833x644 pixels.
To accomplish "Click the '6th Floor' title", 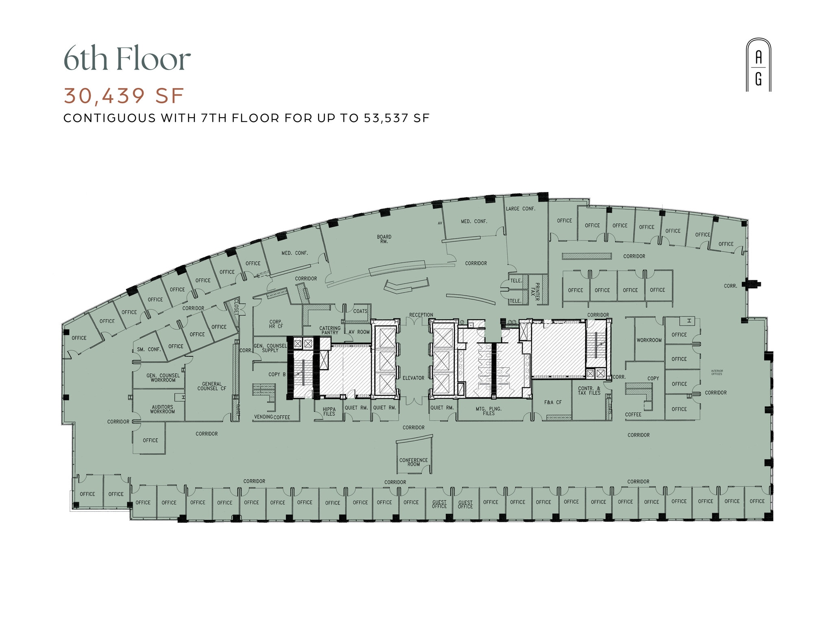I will pyautogui.click(x=127, y=59).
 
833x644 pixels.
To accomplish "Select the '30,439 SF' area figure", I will pyautogui.click(x=124, y=96).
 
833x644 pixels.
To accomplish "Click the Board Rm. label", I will pyautogui.click(x=384, y=239).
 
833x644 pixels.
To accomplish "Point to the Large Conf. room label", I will pyautogui.click(x=521, y=209).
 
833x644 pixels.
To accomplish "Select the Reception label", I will pyautogui.click(x=421, y=315).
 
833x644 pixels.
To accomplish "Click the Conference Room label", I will pyautogui.click(x=413, y=462).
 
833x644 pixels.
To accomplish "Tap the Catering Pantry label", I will pyautogui.click(x=330, y=330).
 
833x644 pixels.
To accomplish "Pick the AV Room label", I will pyautogui.click(x=359, y=332).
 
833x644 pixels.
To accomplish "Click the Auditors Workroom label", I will pyautogui.click(x=162, y=409).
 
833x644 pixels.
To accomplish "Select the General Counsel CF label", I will pyautogui.click(x=212, y=386).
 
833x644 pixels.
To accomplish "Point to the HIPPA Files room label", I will pyautogui.click(x=329, y=412).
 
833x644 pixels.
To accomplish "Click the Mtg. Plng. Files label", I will pyautogui.click(x=488, y=411).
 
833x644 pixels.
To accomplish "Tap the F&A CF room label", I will pyautogui.click(x=553, y=402).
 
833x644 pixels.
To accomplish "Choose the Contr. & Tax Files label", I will pyautogui.click(x=589, y=391).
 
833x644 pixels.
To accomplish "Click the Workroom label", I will pyautogui.click(x=649, y=340).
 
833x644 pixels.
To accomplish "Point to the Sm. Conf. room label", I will pyautogui.click(x=149, y=349).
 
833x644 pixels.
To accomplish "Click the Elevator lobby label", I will pyautogui.click(x=413, y=378).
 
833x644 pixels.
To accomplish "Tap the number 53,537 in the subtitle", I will pyautogui.click(x=386, y=118).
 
